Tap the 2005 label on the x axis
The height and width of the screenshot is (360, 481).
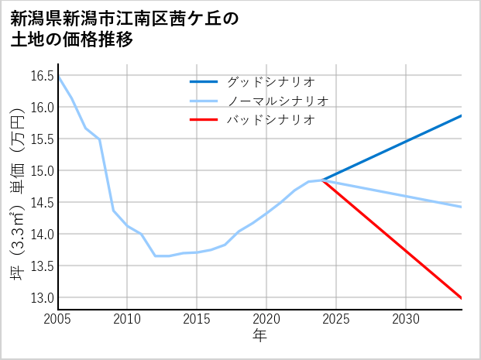pos(58,319)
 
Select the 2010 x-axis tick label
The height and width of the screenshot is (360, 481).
pos(127,319)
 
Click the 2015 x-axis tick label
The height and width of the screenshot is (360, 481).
pos(197,319)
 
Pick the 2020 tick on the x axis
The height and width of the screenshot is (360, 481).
pos(266,319)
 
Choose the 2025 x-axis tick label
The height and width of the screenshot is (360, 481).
pos(336,319)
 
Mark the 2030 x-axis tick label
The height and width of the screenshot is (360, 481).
pos(406,319)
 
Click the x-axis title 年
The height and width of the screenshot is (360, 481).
pos(259,336)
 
